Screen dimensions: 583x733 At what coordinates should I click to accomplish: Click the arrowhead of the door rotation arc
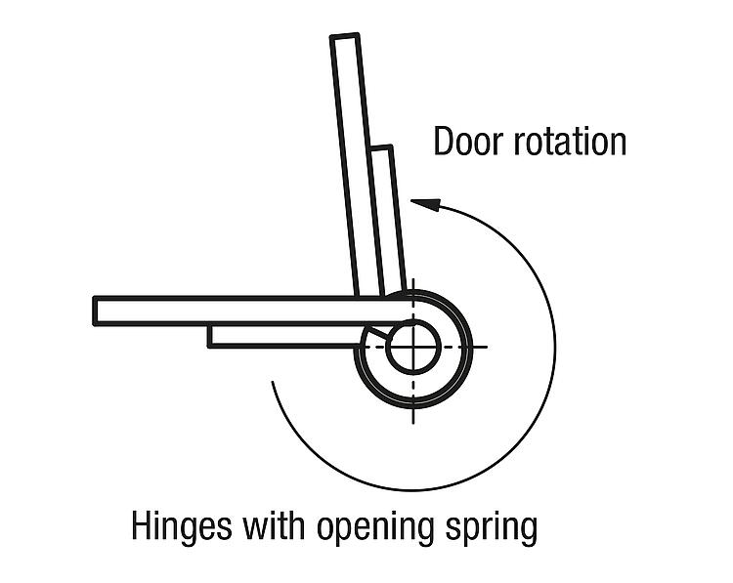point(422,203)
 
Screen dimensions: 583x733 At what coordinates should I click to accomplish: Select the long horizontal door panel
point(235,311)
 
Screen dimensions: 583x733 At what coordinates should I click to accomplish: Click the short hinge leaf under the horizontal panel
point(283,335)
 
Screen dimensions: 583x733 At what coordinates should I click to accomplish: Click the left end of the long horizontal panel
point(97,311)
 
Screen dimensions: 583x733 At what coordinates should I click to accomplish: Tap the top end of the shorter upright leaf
point(381,149)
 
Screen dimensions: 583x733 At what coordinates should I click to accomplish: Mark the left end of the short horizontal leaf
point(210,335)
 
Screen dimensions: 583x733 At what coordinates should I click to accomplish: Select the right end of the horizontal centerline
point(485,348)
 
